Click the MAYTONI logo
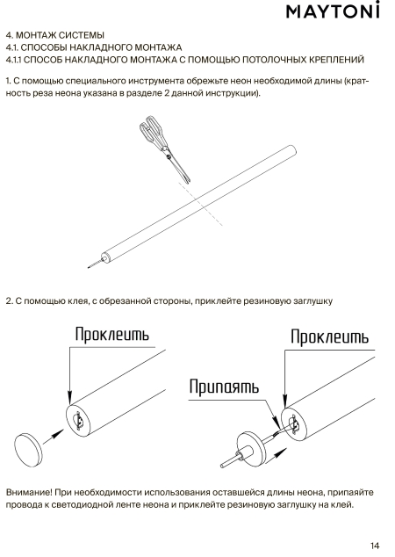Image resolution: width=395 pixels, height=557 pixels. click(x=333, y=11)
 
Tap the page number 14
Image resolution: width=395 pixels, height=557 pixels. click(x=375, y=546)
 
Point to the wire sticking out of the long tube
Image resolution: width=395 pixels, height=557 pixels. click(x=95, y=264)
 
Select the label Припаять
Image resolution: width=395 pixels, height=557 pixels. click(x=224, y=387)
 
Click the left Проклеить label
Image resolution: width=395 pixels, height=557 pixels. click(x=111, y=334)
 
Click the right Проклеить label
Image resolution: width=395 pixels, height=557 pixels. click(x=329, y=336)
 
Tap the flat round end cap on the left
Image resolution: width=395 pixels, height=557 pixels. click(x=28, y=451)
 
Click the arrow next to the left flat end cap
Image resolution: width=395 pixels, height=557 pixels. click(x=54, y=437)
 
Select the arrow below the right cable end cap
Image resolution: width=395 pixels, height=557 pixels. click(x=276, y=455)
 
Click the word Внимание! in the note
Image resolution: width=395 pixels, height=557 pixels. click(x=30, y=492)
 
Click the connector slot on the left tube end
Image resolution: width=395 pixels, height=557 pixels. click(x=80, y=420)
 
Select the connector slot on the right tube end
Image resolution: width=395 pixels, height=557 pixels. click(x=294, y=424)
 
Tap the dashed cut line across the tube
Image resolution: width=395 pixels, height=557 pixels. click(x=200, y=204)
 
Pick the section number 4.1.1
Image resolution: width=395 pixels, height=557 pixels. click(x=14, y=60)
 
